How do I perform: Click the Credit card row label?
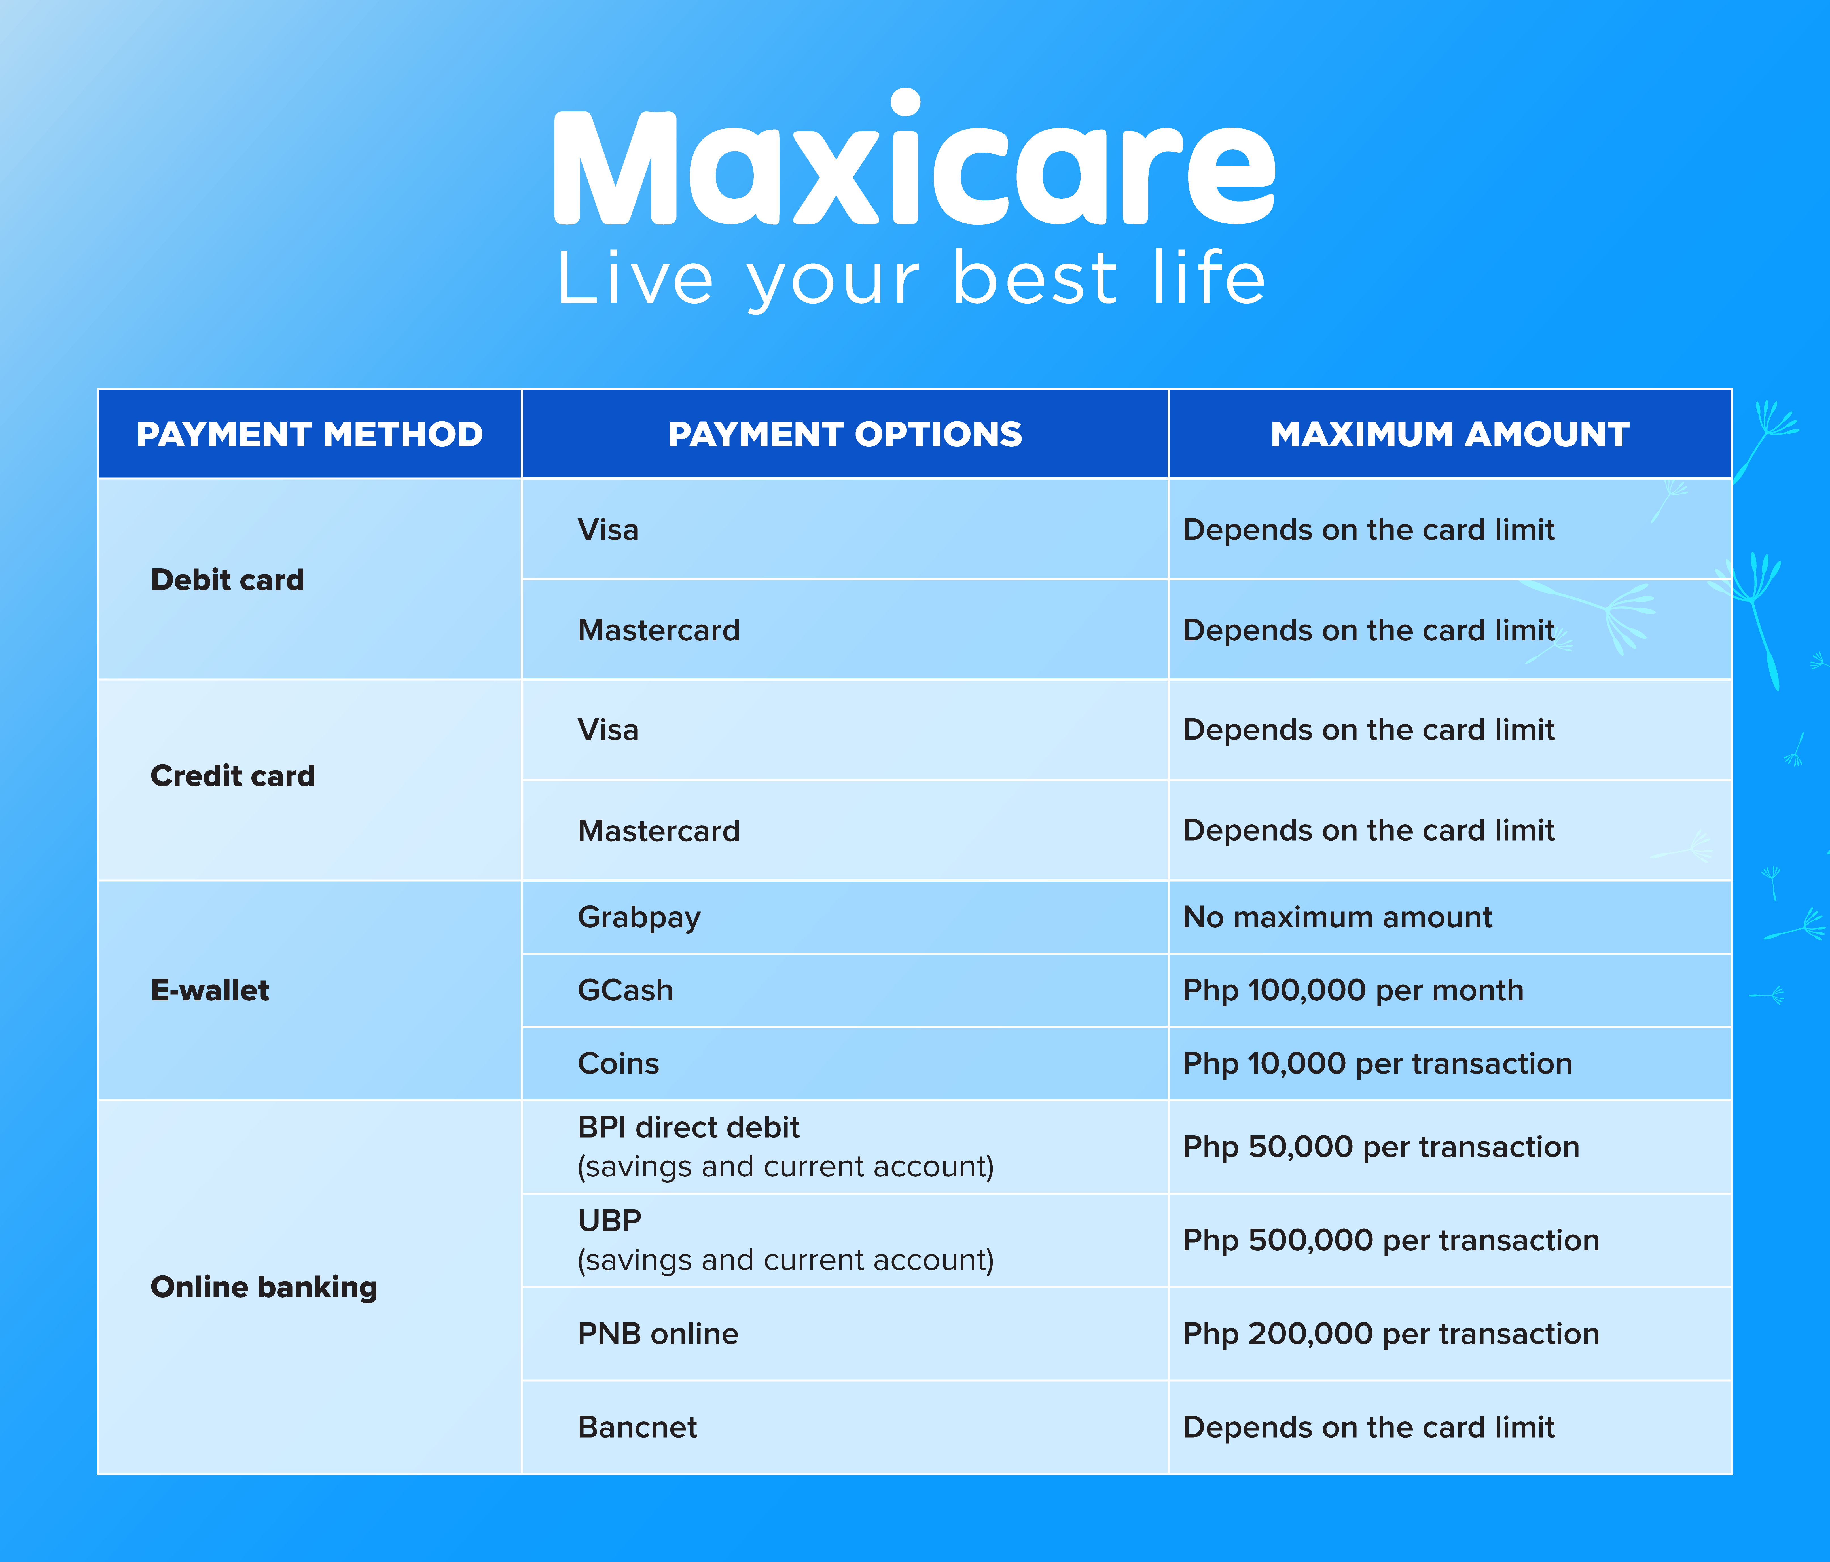233,776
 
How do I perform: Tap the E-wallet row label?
210,990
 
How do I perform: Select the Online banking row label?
264,1287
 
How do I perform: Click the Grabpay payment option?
639,918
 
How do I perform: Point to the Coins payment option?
618,1064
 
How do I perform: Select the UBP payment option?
609,1221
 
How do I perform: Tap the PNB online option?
658,1334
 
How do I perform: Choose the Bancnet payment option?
638,1428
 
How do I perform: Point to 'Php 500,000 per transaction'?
1391,1241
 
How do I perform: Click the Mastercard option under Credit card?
659,831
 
